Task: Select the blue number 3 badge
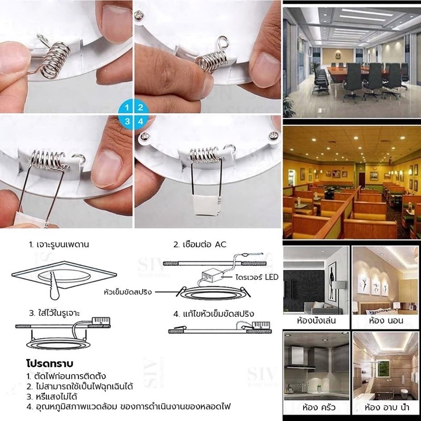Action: tap(126, 122)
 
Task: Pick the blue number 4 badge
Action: tap(141, 122)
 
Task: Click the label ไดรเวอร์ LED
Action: tap(257, 277)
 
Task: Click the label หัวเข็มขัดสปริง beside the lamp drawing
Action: tap(127, 292)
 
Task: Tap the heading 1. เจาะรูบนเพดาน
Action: tap(59, 245)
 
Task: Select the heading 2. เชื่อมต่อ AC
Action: tap(200, 244)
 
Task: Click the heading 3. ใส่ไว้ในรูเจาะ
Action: tap(55, 313)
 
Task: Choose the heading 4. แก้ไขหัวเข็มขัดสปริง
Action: tap(214, 314)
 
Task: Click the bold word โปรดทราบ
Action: tap(49, 364)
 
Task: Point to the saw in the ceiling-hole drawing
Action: tap(55, 286)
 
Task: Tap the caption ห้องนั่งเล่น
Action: tap(316, 320)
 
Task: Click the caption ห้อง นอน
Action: tap(386, 320)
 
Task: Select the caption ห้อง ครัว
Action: tap(319, 407)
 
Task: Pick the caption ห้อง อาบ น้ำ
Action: tap(387, 407)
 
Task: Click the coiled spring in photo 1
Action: tap(54, 60)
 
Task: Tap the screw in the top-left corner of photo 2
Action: tap(139, 15)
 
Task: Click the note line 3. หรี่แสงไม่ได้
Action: tap(52, 397)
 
